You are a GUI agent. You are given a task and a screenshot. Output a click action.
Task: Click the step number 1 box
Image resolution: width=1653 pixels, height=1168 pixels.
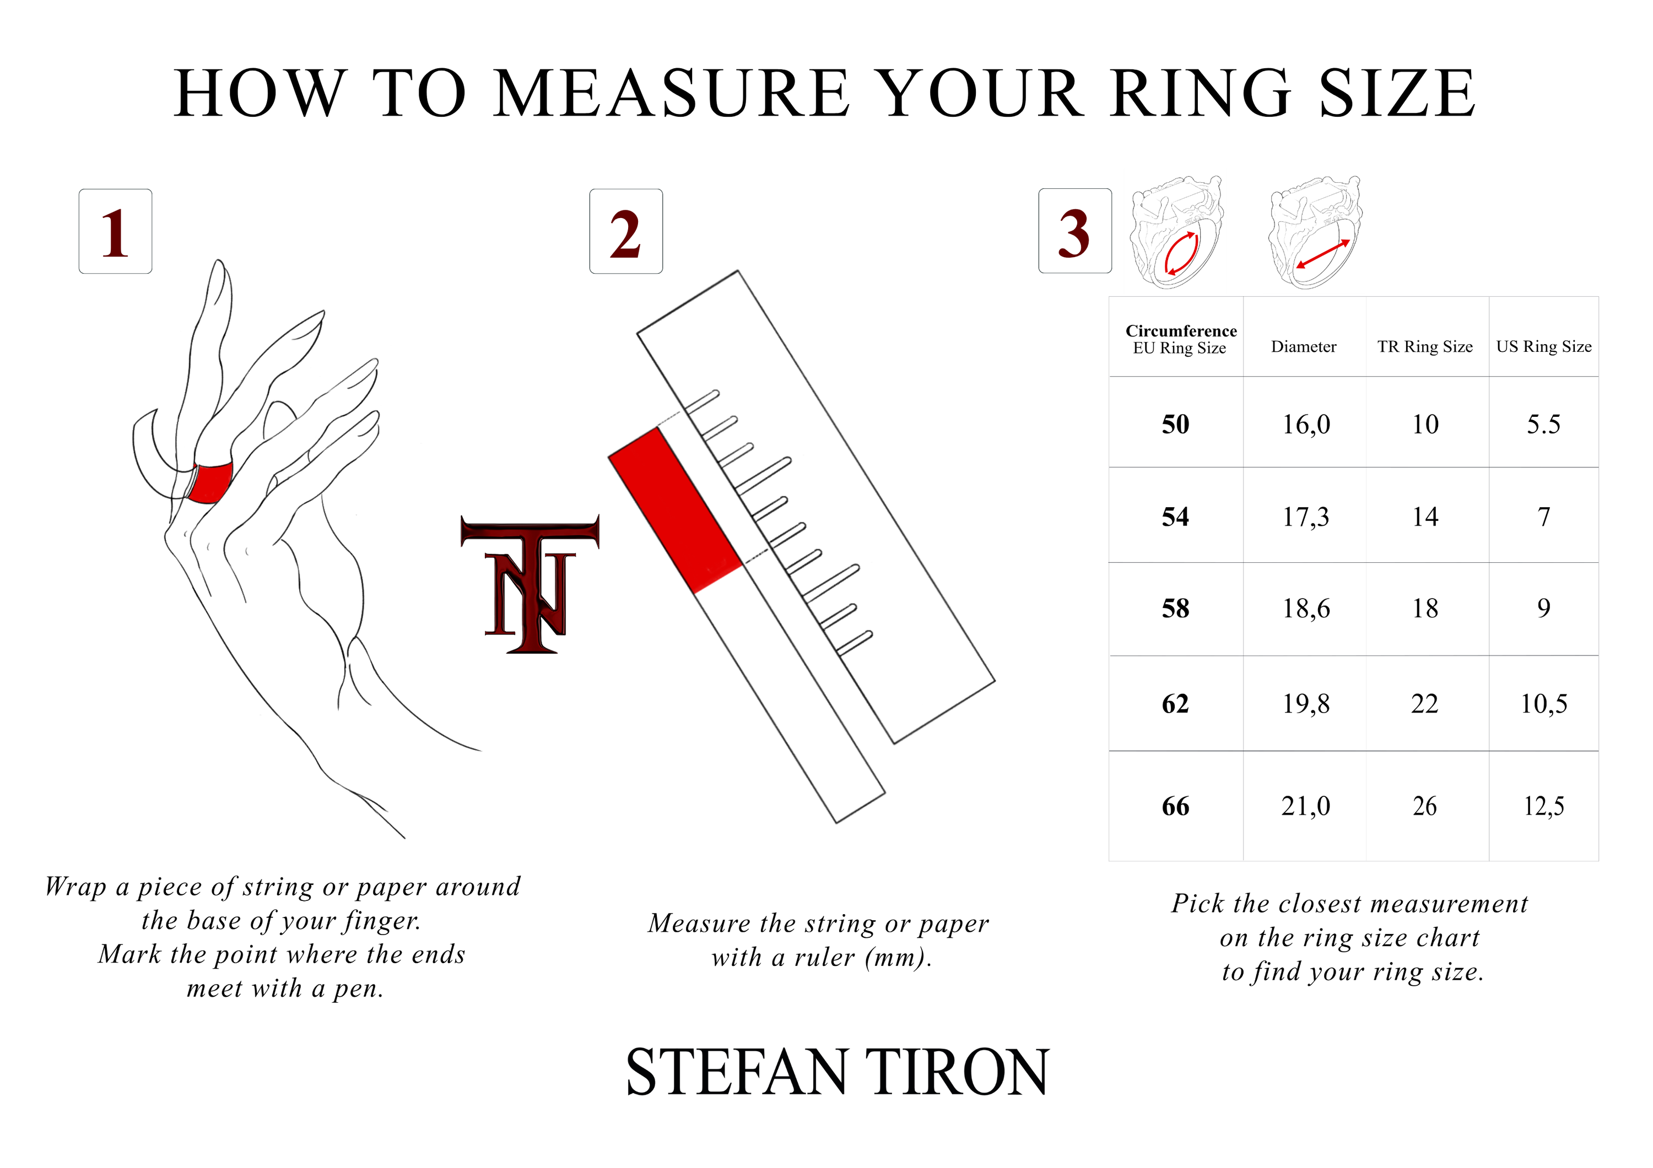coord(115,231)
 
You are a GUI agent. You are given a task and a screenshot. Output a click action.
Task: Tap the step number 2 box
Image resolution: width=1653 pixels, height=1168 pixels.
coord(625,231)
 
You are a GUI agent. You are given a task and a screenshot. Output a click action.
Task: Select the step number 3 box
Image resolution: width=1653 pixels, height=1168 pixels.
coord(1075,231)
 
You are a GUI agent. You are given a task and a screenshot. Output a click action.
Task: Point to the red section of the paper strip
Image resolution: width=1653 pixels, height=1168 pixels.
coord(676,510)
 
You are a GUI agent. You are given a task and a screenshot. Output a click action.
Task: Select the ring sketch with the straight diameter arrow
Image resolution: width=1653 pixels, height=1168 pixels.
coord(1315,232)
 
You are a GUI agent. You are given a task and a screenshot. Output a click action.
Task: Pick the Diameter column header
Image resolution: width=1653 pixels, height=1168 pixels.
coord(1303,347)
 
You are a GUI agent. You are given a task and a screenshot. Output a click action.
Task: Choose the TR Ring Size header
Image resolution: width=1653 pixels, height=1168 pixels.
coord(1425,347)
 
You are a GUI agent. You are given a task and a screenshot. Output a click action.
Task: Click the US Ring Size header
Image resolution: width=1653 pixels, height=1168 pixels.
coord(1543,347)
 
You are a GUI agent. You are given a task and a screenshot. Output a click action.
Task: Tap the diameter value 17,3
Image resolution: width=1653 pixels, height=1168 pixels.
coord(1305,517)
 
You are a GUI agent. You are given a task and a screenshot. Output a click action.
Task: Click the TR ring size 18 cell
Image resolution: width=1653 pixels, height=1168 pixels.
coord(1425,608)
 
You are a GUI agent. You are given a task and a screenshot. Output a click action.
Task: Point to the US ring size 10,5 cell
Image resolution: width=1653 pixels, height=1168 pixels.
coord(1543,703)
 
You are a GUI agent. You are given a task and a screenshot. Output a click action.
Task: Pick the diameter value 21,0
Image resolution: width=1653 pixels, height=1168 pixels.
coord(1305,806)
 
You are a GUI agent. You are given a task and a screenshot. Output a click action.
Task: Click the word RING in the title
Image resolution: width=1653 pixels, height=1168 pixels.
coord(1201,93)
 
